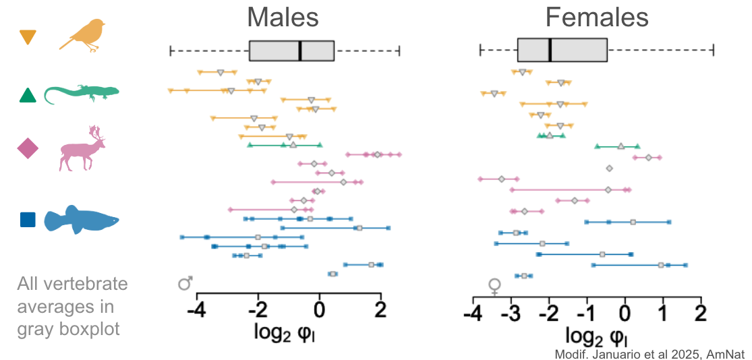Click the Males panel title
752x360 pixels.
pyautogui.click(x=283, y=18)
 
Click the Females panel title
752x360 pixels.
pyautogui.click(x=597, y=18)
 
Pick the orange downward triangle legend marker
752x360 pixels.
pyautogui.click(x=28, y=37)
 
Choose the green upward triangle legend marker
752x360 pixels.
pyautogui.click(x=28, y=96)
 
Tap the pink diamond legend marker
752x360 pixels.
pyautogui.click(x=28, y=148)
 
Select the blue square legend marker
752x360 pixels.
pyautogui.click(x=28, y=220)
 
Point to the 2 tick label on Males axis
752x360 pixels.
pyautogui.click(x=381, y=311)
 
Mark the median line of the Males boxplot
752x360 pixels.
pyautogui.click(x=300, y=51)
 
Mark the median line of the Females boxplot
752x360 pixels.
pyautogui.click(x=550, y=50)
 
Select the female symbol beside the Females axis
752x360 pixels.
pyautogui.click(x=495, y=287)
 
